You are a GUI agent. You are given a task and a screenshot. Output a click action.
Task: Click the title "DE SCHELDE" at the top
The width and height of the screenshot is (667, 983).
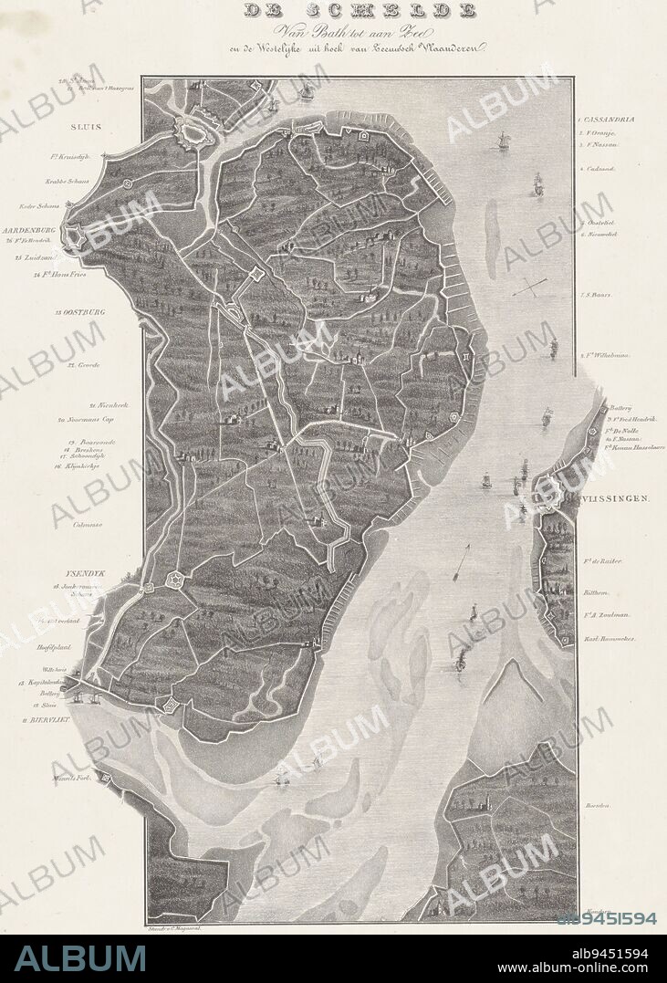(359, 11)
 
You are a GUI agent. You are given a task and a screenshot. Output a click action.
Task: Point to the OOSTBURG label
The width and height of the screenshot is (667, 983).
(79, 312)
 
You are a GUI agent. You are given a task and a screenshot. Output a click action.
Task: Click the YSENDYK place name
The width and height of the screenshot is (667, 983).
(83, 573)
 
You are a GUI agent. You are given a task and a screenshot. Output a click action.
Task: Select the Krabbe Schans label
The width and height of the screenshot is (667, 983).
(70, 182)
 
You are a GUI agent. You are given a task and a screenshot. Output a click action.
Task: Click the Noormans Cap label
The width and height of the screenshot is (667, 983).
(89, 421)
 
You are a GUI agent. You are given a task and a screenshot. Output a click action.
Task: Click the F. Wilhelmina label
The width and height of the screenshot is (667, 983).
(607, 356)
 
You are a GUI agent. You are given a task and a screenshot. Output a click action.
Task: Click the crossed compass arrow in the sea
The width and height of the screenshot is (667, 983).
(529, 288)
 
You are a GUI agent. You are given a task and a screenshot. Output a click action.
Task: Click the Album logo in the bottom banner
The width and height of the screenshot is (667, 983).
(80, 958)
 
